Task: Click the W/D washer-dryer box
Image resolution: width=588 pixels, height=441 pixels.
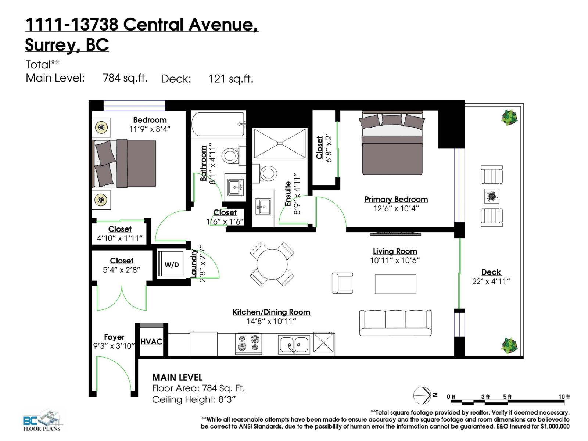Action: [171, 264]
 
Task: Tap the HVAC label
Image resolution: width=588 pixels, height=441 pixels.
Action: [151, 341]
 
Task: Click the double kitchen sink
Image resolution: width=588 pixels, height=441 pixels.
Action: [294, 344]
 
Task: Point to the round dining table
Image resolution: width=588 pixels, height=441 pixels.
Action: [272, 264]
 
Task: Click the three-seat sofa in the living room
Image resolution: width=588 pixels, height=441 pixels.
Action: [395, 322]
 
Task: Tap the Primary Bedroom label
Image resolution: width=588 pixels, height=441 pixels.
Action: [396, 199]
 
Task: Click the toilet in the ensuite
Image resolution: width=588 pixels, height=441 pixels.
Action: [268, 173]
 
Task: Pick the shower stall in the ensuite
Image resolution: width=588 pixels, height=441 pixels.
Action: [280, 143]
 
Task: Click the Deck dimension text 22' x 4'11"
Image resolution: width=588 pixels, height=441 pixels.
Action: [491, 282]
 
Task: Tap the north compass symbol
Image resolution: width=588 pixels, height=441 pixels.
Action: [423, 395]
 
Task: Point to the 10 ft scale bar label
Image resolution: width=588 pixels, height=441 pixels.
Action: [564, 397]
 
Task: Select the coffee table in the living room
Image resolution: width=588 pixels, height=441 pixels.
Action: [395, 284]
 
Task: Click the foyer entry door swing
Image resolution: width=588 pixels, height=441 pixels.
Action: [114, 375]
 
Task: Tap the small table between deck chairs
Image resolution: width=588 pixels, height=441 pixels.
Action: [491, 196]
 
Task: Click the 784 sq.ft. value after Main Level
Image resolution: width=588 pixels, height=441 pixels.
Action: [125, 78]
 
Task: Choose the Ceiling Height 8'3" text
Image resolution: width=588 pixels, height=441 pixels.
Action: [194, 399]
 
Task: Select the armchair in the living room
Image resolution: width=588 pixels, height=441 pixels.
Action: [342, 283]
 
